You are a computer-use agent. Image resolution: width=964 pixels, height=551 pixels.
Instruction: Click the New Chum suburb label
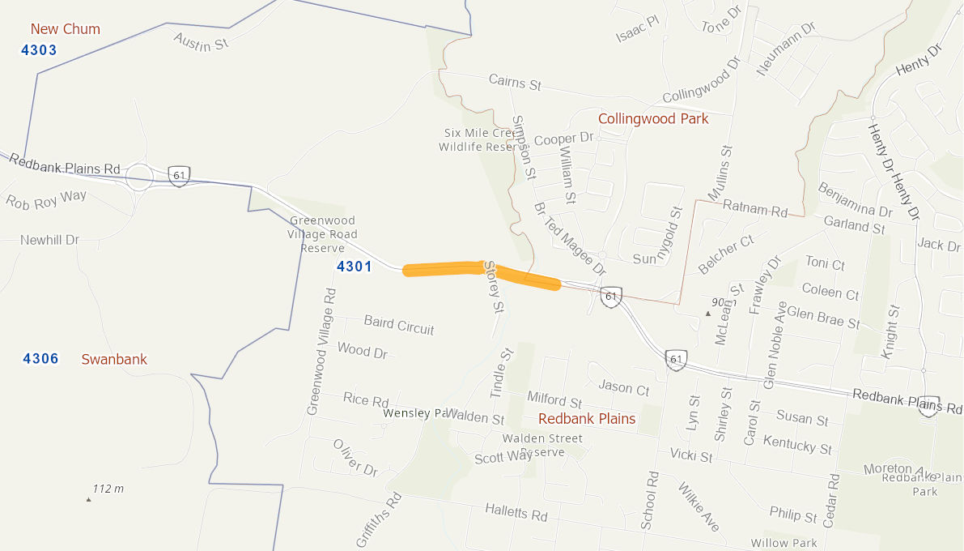point(66,29)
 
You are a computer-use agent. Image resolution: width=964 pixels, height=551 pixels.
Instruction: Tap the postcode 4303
point(39,50)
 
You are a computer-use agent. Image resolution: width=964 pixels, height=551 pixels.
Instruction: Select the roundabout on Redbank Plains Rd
point(139,177)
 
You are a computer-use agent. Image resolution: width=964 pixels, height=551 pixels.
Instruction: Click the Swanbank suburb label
point(114,359)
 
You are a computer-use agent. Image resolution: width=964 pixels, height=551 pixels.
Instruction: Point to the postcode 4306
point(40,358)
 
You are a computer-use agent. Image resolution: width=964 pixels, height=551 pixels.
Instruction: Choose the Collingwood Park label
point(653,119)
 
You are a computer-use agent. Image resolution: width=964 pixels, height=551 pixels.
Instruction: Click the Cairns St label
point(515,83)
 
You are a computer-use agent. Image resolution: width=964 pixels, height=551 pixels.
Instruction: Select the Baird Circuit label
point(399,325)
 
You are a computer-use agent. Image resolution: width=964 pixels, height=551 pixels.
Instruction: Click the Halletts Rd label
point(516,512)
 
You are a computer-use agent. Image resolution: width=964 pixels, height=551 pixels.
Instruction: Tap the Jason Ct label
point(624,388)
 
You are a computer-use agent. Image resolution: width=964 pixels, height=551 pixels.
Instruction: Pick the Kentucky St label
point(797,444)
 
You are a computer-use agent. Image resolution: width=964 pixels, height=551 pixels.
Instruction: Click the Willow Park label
point(784,543)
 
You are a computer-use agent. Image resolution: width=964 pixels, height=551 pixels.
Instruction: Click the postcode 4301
point(354,267)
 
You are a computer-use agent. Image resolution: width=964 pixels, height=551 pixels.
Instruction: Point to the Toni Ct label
point(825,263)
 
